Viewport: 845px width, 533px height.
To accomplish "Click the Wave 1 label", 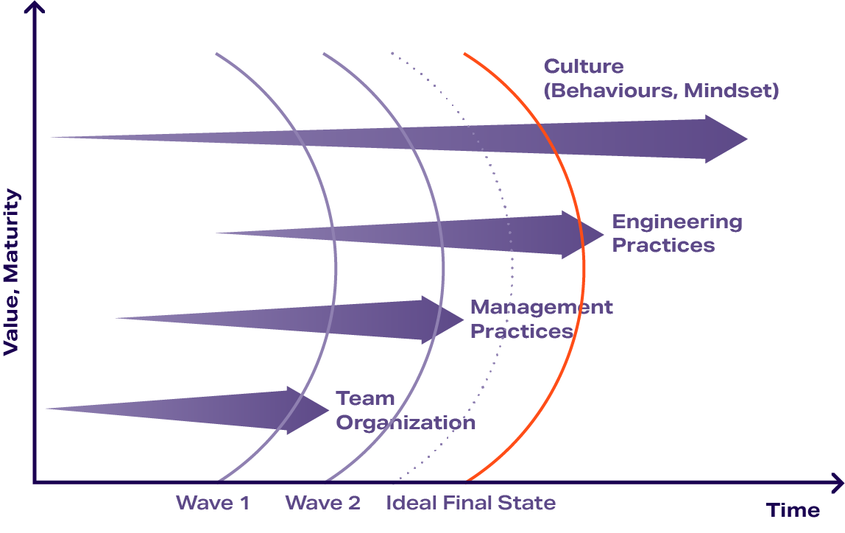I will pyautogui.click(x=213, y=504).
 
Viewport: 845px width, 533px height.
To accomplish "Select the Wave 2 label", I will pyautogui.click(x=322, y=504).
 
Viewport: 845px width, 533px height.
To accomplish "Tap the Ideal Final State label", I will pyautogui.click(x=471, y=504).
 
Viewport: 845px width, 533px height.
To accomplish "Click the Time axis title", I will pyautogui.click(x=793, y=510).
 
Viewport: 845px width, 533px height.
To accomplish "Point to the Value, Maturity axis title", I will pyautogui.click(x=11, y=272).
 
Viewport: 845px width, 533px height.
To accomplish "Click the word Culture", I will pyautogui.click(x=584, y=66).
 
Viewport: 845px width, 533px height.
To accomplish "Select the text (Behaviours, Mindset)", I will pyautogui.click(x=661, y=91).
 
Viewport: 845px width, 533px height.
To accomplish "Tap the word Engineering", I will pyautogui.click(x=677, y=222).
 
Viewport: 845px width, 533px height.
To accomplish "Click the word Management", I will pyautogui.click(x=541, y=307).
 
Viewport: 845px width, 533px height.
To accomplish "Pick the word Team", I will pyautogui.click(x=365, y=398).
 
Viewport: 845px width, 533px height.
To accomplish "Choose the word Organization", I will pyautogui.click(x=406, y=423).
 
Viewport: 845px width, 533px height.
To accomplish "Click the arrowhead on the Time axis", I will pyautogui.click(x=837, y=483).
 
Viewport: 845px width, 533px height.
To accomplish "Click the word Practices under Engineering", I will pyautogui.click(x=663, y=245).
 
